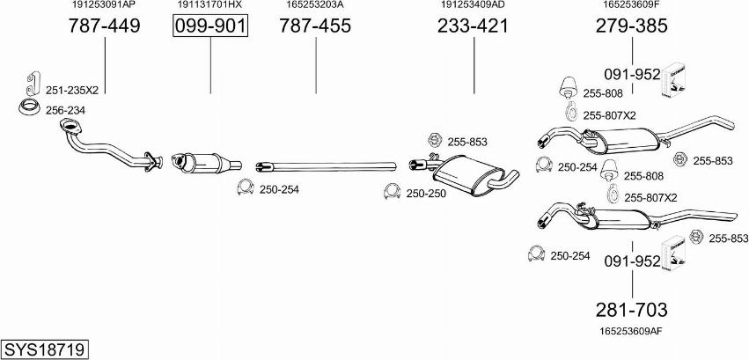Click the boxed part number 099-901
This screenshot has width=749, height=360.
pos(210,26)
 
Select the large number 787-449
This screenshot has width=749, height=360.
pos(104,26)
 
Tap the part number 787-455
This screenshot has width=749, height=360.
pos(315,26)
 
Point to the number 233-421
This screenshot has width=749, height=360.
pos(474,26)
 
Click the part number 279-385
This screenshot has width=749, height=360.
pos(632,26)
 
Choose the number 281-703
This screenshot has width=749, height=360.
pos(632,310)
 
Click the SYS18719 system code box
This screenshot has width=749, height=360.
pos(45,350)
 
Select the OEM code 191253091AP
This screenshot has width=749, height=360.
pos(104,5)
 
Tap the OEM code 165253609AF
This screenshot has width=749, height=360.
pos(632,330)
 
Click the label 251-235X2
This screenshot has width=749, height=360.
pos(71,90)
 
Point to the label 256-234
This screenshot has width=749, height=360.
pos(65,109)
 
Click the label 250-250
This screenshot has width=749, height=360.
pos(427,192)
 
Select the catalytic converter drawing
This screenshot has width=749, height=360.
pos(207,164)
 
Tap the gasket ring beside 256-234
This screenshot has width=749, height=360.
pos(28,109)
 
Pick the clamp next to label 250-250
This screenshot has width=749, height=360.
pos(392,192)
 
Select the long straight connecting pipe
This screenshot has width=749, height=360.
pos(326,165)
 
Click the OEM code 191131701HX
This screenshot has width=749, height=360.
pos(210,5)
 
